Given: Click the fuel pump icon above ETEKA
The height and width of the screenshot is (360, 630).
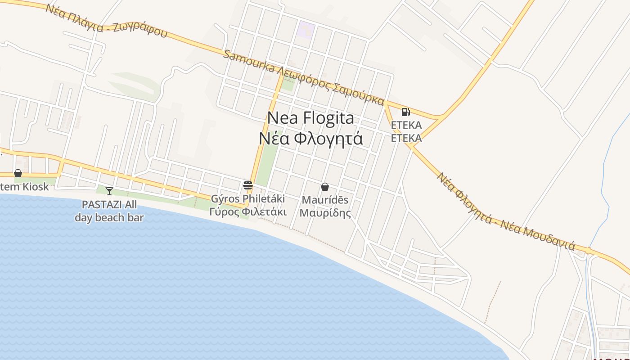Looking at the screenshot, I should pyautogui.click(x=405, y=112).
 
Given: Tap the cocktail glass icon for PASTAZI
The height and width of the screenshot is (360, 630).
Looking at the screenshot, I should pyautogui.click(x=109, y=191).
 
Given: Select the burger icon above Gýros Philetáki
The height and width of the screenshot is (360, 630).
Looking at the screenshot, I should pyautogui.click(x=247, y=185).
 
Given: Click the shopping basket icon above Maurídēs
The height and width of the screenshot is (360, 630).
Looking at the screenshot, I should pyautogui.click(x=325, y=187).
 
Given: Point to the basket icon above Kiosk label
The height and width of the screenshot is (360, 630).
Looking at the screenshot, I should pyautogui.click(x=18, y=173).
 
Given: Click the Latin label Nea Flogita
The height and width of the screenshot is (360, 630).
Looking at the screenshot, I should pyautogui.click(x=310, y=118).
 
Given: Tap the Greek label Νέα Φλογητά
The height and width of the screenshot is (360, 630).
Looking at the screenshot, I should pyautogui.click(x=310, y=138).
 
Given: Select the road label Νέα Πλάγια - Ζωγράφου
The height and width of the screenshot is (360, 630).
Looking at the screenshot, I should pyautogui.click(x=106, y=21).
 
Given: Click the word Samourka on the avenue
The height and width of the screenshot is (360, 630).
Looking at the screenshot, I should pyautogui.click(x=249, y=62).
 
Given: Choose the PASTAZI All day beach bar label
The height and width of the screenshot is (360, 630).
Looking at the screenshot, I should pyautogui.click(x=109, y=211).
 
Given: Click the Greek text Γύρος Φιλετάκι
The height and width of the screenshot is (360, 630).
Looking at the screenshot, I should pyautogui.click(x=248, y=211).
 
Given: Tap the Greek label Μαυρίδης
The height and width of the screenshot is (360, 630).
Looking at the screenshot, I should pyautogui.click(x=325, y=213).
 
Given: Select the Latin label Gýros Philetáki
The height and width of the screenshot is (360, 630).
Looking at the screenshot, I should pyautogui.click(x=248, y=198).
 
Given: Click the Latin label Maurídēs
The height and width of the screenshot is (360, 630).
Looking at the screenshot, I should pyautogui.click(x=325, y=200).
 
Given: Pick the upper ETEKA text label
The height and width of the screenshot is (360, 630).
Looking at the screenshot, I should pyautogui.click(x=406, y=125).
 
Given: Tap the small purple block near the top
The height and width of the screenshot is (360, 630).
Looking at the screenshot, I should pyautogui.click(x=305, y=30).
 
